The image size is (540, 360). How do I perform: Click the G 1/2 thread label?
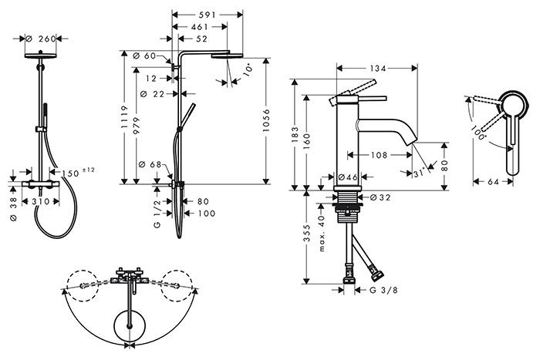pyautogui.click(x=157, y=213)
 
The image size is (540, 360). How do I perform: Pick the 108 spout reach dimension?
pyautogui.click(x=379, y=154)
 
